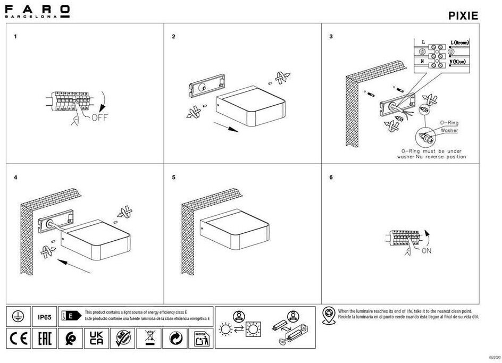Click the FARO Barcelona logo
coord(37,11)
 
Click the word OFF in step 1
coord(99,117)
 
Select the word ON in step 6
coord(426,251)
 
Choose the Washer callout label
coord(449,130)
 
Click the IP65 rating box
coord(45,318)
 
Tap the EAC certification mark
coord(45,338)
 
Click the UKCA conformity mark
coord(96,338)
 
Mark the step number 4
coord(15,177)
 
